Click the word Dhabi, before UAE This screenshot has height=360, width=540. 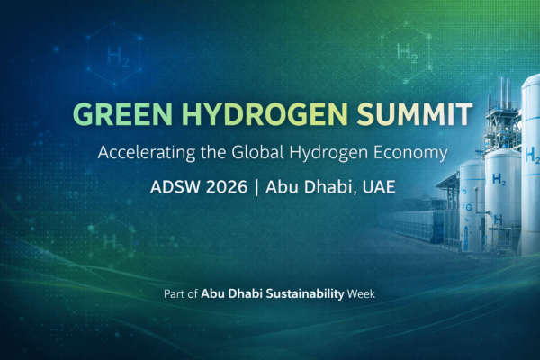coord(337,189)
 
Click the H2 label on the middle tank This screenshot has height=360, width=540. coord(498,180)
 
